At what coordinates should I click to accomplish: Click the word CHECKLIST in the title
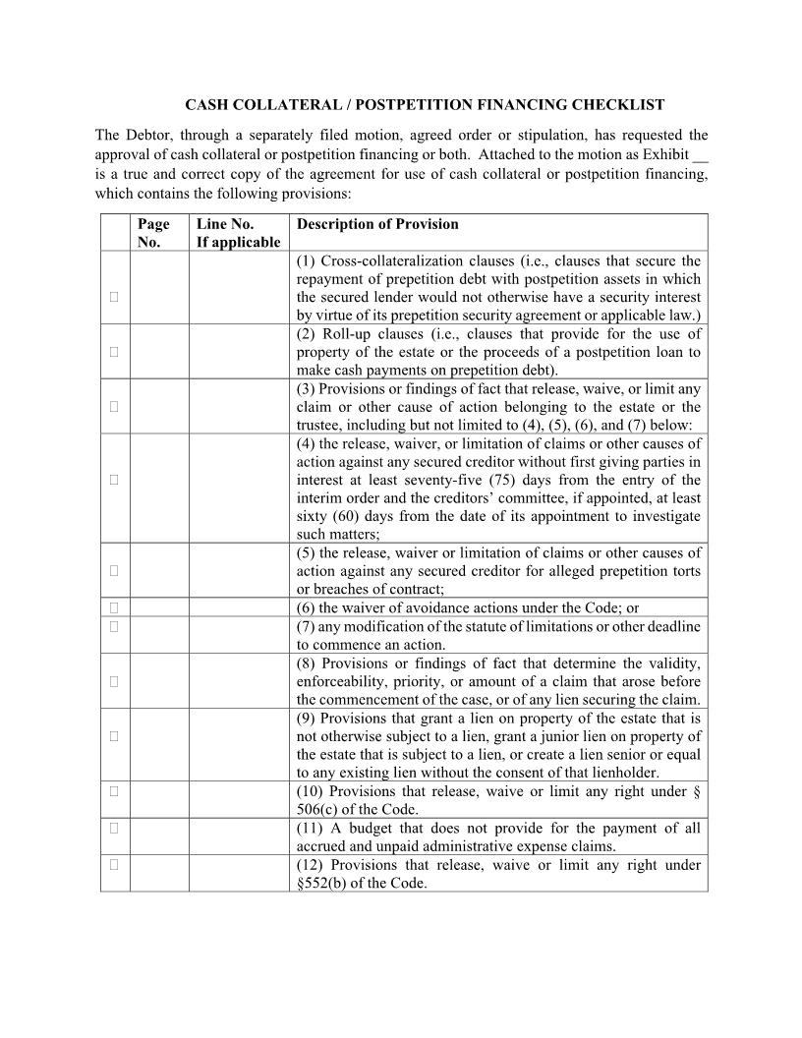(617, 104)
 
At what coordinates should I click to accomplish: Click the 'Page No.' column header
(153, 233)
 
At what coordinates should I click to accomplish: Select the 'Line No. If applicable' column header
(238, 233)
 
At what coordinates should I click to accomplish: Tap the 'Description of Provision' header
(377, 224)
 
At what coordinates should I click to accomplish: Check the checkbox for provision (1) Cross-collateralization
(114, 296)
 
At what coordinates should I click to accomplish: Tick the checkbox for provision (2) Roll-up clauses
(114, 351)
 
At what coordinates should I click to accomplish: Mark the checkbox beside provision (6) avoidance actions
(114, 607)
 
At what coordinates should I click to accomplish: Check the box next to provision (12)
(114, 865)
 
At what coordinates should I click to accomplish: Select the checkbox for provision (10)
(114, 790)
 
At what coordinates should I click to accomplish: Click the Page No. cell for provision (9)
(159, 745)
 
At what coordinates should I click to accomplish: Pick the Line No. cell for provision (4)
(239, 489)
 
